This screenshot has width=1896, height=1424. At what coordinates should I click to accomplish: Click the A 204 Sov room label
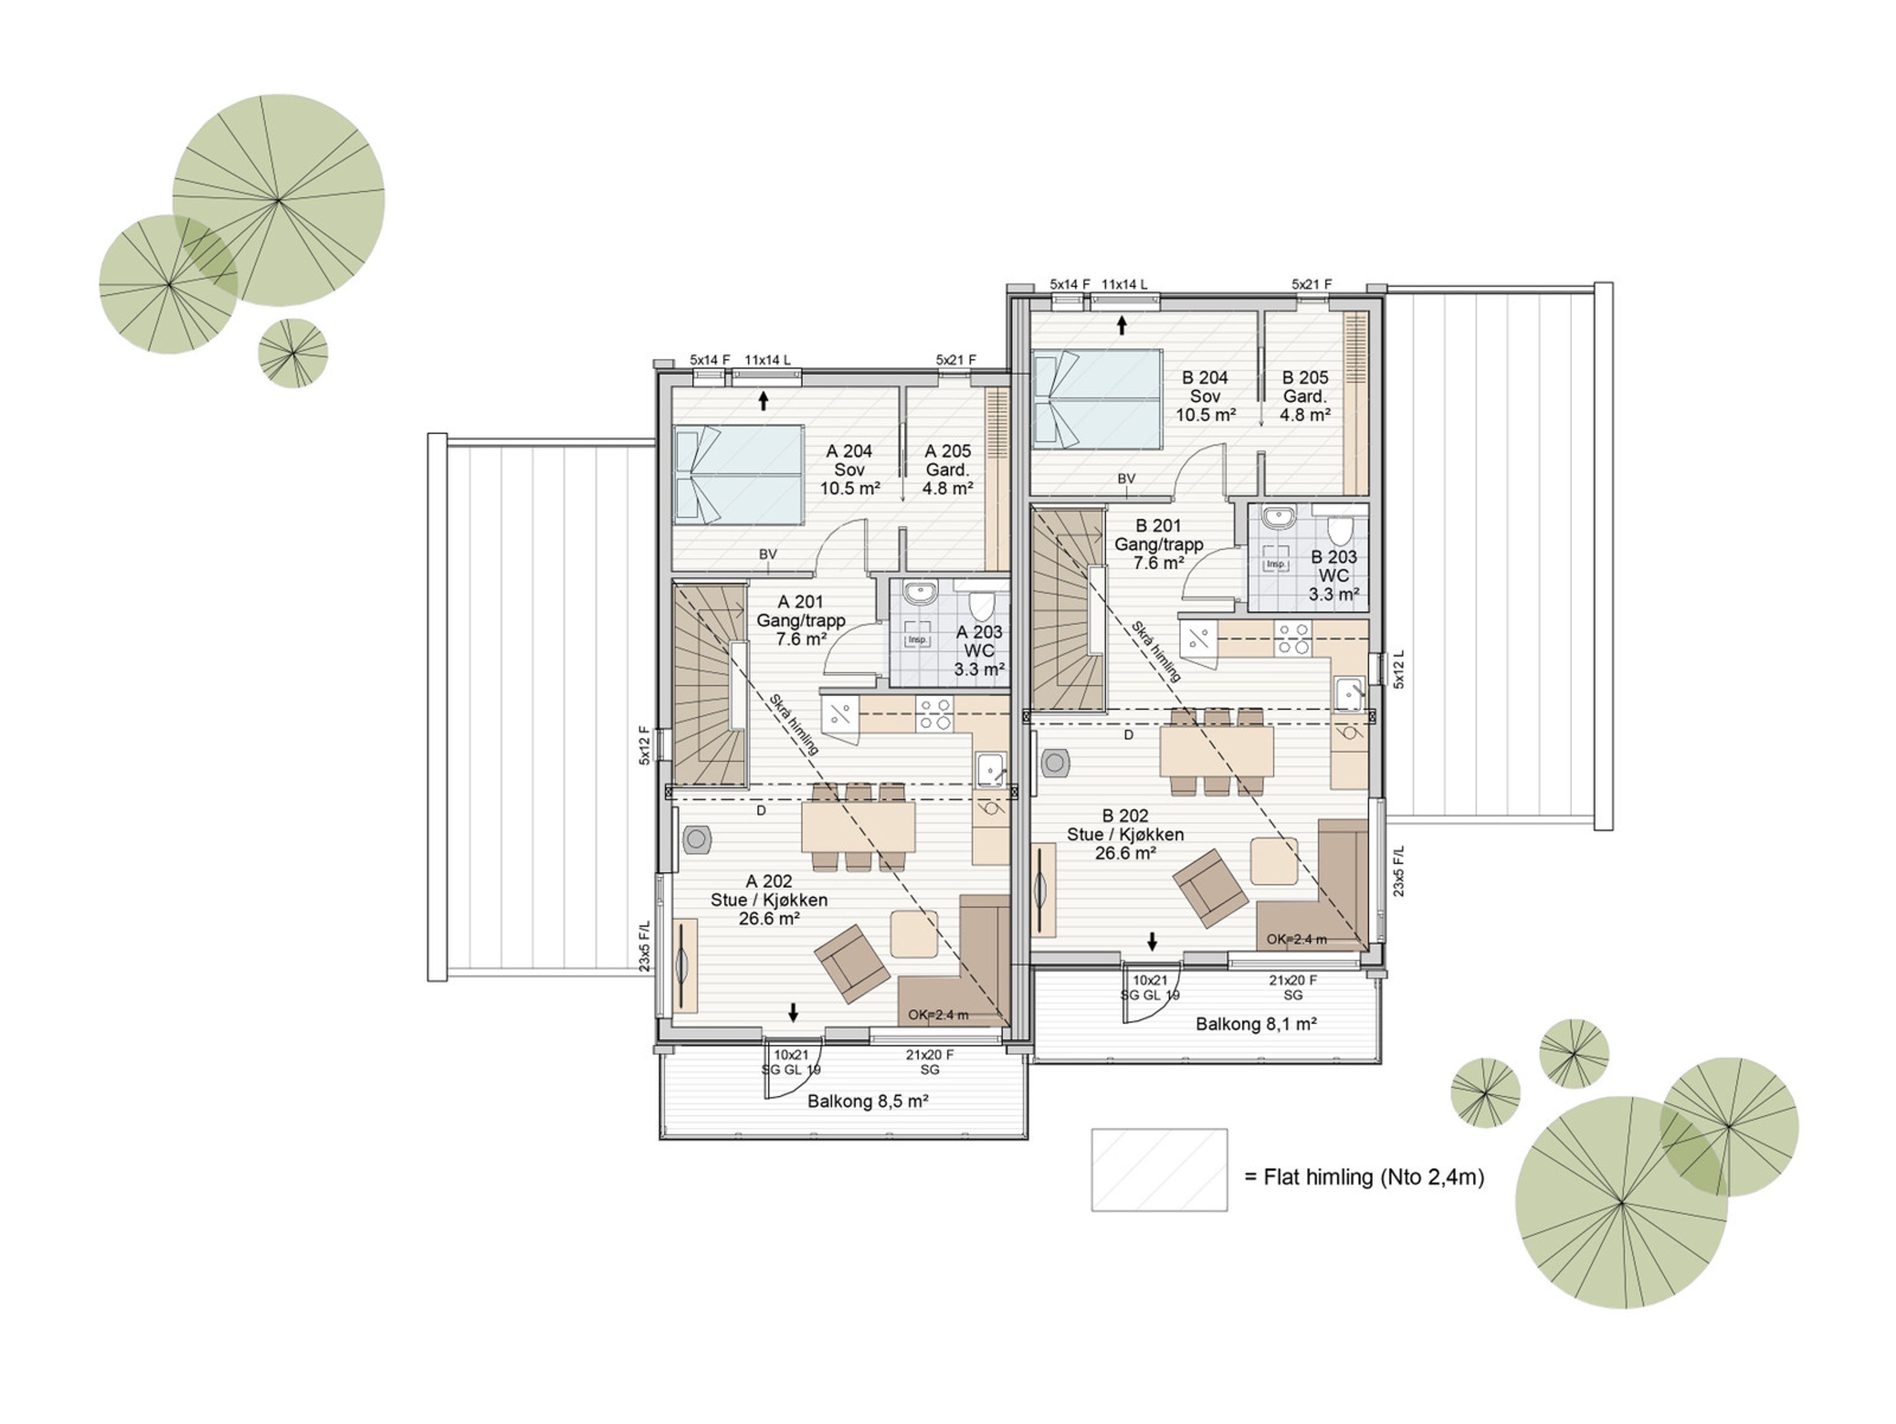pos(849,469)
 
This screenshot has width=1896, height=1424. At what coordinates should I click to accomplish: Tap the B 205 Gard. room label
pos(1304,396)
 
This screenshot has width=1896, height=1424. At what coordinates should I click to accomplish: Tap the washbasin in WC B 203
pos(1278,517)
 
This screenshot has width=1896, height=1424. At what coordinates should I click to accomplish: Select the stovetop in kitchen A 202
pos(934,715)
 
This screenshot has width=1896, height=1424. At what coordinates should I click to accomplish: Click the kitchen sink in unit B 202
pos(1349,693)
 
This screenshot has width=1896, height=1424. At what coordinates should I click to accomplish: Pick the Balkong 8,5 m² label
pos(869,1101)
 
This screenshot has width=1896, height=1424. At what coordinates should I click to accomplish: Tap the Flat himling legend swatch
pos(1159,1169)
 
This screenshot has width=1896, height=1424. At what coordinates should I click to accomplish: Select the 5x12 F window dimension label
pos(644,745)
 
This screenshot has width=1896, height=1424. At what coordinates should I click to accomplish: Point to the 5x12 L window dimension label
pos(1399,669)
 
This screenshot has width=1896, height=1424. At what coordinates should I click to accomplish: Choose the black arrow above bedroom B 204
pos(1121,325)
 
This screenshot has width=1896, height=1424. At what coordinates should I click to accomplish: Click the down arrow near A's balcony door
pos(793,1012)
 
